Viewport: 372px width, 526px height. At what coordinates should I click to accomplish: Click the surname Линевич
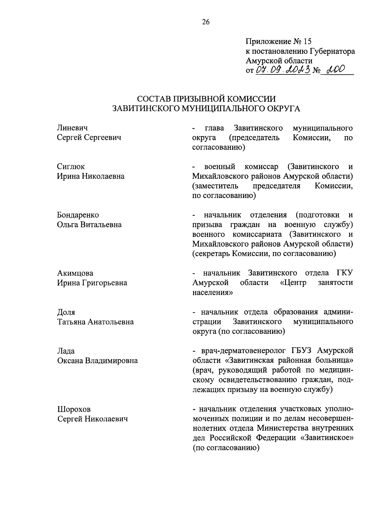click(72, 128)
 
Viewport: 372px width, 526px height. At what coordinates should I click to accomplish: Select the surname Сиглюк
click(71, 167)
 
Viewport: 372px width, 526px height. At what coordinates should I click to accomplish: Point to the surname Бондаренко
click(78, 215)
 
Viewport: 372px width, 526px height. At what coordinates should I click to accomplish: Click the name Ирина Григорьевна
click(92, 283)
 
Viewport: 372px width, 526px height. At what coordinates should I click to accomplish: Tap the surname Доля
click(66, 312)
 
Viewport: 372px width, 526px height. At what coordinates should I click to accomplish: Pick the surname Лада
click(66, 351)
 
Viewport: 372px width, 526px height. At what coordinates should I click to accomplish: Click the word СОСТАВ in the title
click(153, 99)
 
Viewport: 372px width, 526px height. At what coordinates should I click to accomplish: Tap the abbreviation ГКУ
click(345, 273)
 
